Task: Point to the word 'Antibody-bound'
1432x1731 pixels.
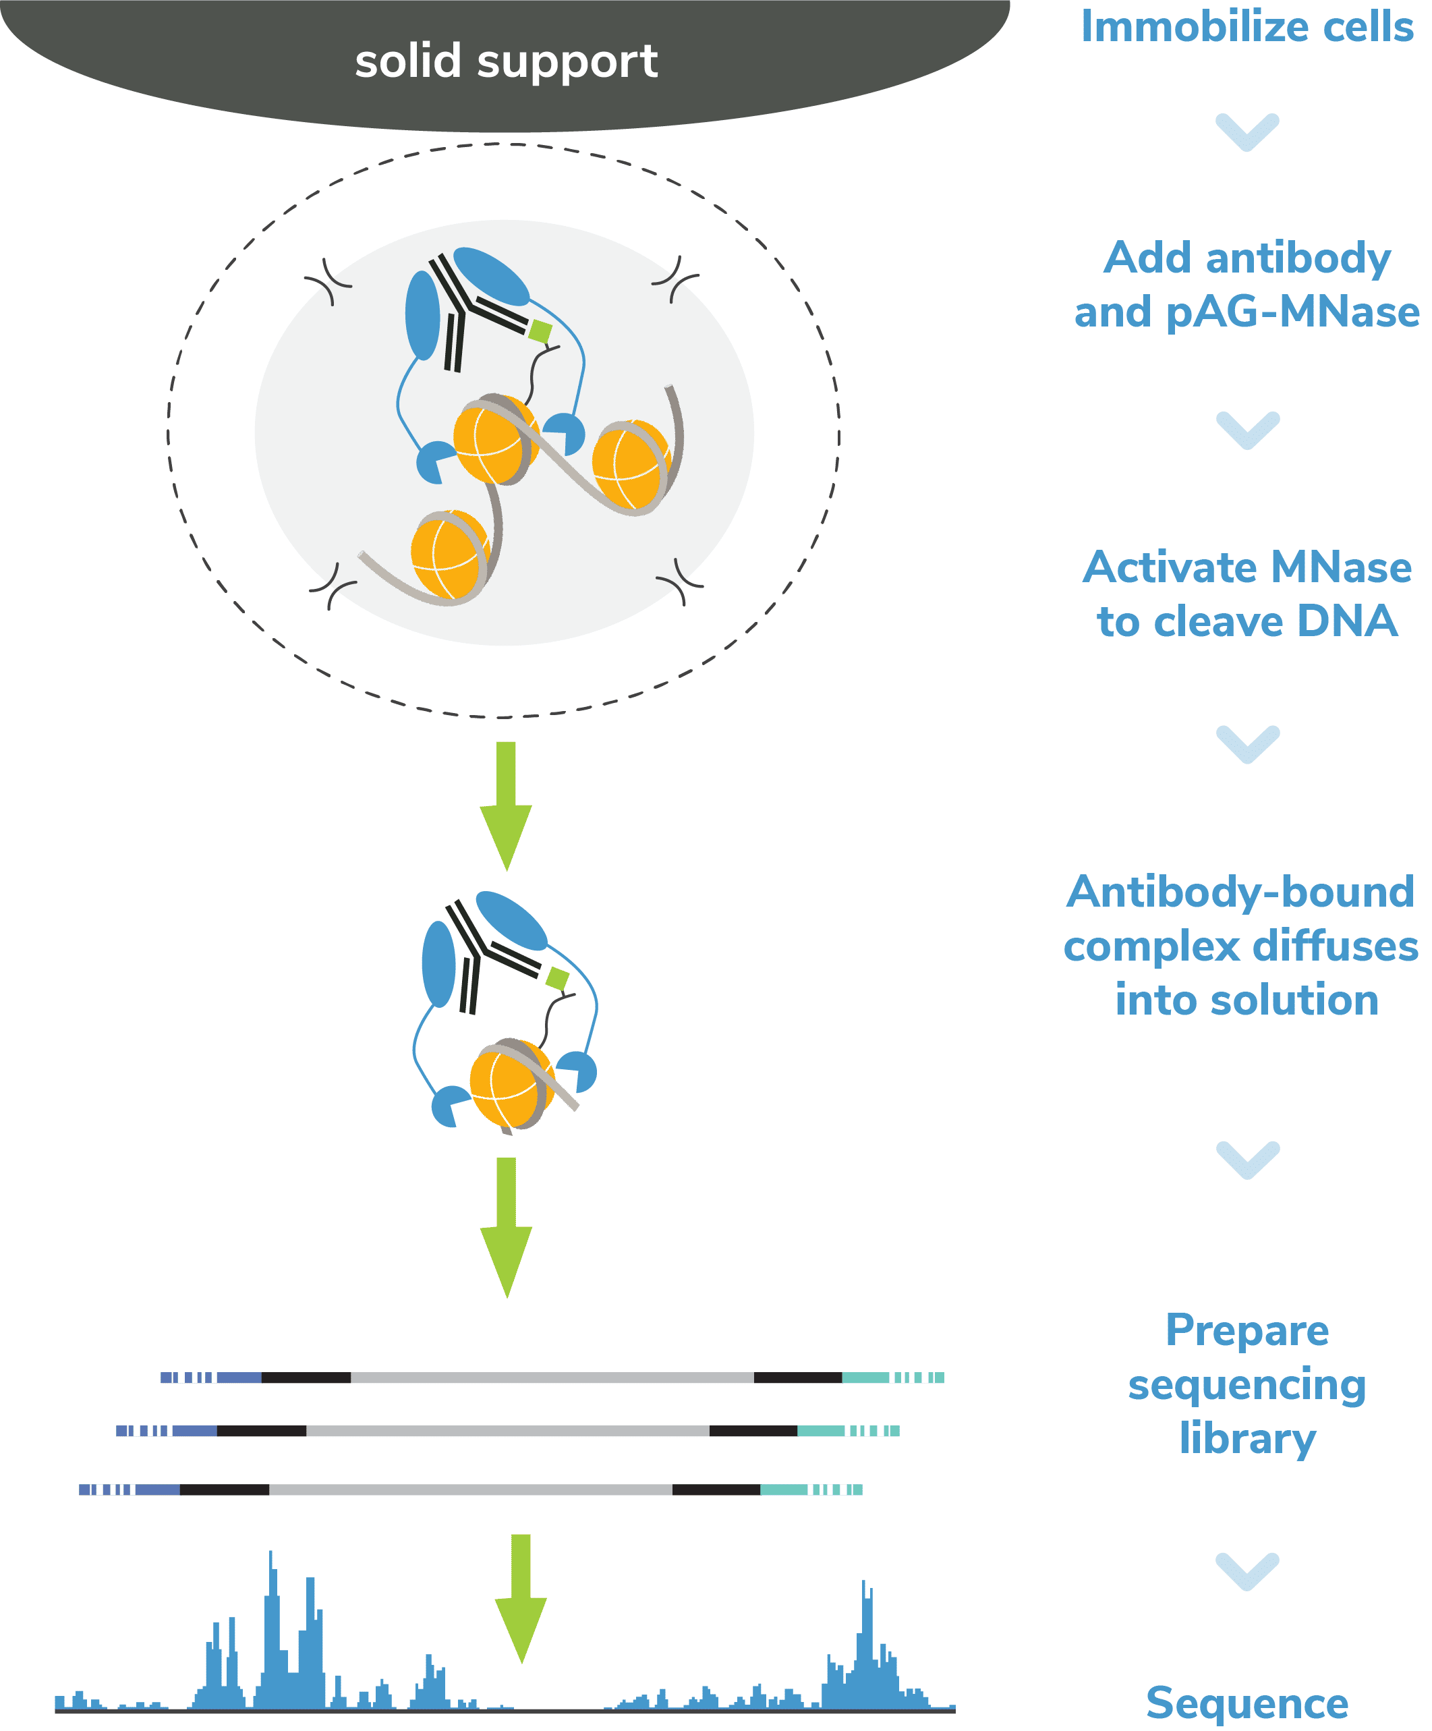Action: pyautogui.click(x=1240, y=892)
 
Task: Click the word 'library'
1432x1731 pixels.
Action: pyautogui.click(x=1247, y=1438)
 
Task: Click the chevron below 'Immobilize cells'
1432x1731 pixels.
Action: pyautogui.click(x=1247, y=132)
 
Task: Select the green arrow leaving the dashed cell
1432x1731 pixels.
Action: pyautogui.click(x=505, y=803)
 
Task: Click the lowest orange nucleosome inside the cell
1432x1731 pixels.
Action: pyautogui.click(x=449, y=554)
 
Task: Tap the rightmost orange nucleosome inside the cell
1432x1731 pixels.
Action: pyautogui.click(x=631, y=464)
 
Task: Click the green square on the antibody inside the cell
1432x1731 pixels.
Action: pyautogui.click(x=540, y=331)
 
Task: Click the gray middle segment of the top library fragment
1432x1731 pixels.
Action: pyautogui.click(x=552, y=1378)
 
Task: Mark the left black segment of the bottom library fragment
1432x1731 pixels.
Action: pyautogui.click(x=224, y=1489)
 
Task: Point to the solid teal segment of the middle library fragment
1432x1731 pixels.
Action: pyautogui.click(x=820, y=1430)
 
